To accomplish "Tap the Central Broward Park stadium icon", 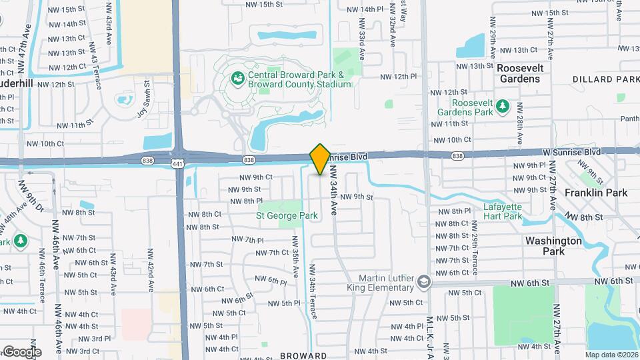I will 237,79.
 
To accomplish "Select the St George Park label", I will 287,215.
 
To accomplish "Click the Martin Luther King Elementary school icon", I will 422,283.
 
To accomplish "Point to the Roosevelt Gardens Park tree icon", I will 503,107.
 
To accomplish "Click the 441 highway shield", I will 177,163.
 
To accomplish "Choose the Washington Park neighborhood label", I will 553,246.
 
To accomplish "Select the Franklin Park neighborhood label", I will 596,193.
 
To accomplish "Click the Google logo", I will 21,351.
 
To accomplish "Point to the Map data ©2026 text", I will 611,355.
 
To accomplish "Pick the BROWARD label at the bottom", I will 303,355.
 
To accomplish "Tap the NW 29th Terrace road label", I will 474,254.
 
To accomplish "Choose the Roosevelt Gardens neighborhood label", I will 520,73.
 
